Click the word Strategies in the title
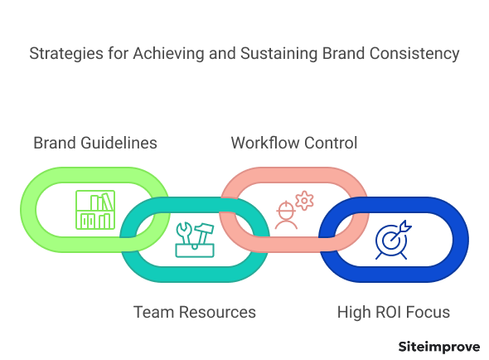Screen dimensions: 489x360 tap(66, 54)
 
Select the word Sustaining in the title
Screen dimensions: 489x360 tap(279, 54)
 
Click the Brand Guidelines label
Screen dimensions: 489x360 tap(95, 143)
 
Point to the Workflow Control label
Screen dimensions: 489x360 tap(294, 143)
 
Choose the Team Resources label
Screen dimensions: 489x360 tap(195, 312)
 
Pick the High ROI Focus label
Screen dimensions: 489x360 tap(394, 312)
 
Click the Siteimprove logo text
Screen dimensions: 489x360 tap(439, 347)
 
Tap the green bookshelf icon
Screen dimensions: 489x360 tap(95, 210)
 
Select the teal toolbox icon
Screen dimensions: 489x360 tap(195, 240)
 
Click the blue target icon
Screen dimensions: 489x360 tap(393, 240)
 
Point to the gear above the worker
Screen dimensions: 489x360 tap(304, 201)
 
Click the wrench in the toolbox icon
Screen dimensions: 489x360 tap(184, 233)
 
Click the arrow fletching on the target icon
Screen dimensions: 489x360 tap(406, 226)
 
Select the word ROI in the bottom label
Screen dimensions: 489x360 tap(389, 312)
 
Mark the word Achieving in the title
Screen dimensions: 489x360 tap(169, 54)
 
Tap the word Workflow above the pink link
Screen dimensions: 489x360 tap(265, 143)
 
